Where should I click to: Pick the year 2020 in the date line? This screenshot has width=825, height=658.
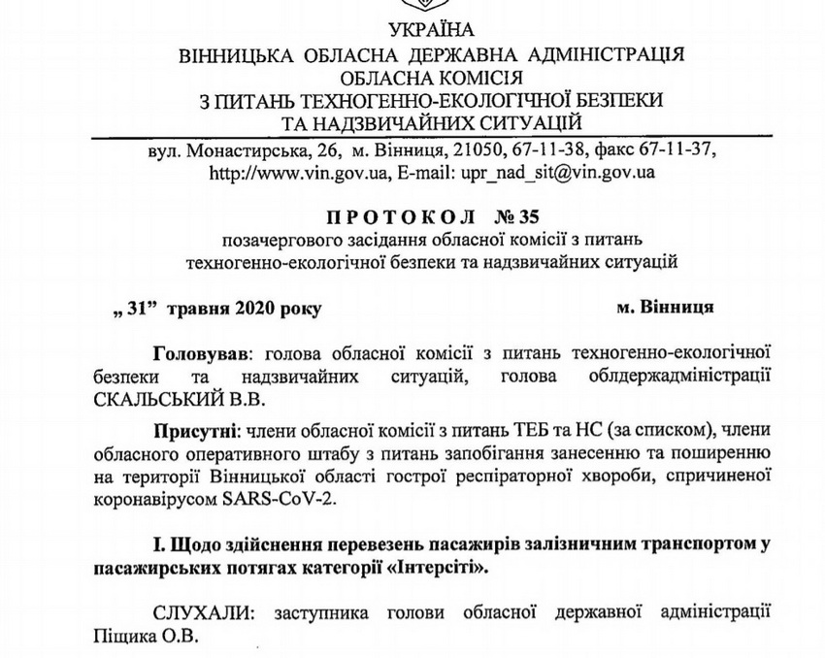251,309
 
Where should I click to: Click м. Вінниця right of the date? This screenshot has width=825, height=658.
665,307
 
